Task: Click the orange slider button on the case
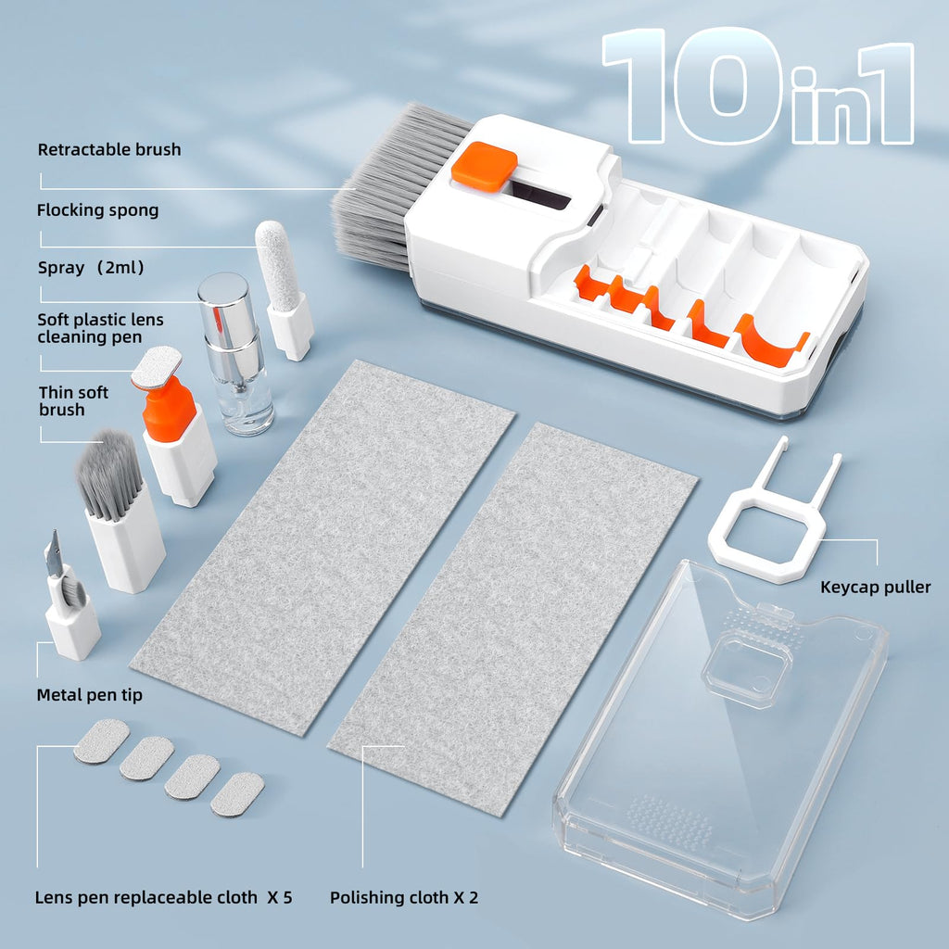pyautogui.click(x=485, y=167)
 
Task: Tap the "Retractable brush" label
pyautogui.click(x=109, y=149)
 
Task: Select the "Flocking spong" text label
pyautogui.click(x=97, y=210)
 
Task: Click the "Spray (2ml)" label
pyautogui.click(x=91, y=268)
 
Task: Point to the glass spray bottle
pyautogui.click(x=237, y=389)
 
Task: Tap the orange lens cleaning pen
pyautogui.click(x=170, y=408)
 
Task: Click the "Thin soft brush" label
pyautogui.click(x=73, y=400)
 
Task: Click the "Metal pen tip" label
pyautogui.click(x=90, y=694)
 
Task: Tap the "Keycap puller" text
pyautogui.click(x=876, y=587)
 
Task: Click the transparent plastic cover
pyautogui.click(x=723, y=732)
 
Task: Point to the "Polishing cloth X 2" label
pyautogui.click(x=404, y=897)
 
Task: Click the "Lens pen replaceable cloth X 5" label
pyautogui.click(x=164, y=897)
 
